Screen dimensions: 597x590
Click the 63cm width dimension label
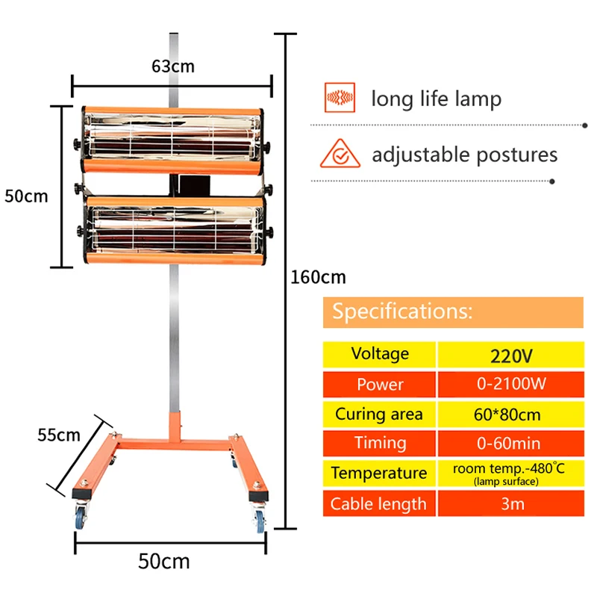pyautogui.click(x=172, y=66)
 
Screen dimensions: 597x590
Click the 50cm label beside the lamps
pyautogui.click(x=26, y=196)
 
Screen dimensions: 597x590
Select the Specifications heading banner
pyautogui.click(x=453, y=312)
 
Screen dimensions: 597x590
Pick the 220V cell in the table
pyautogui.click(x=510, y=354)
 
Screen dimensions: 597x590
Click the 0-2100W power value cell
pyautogui.click(x=510, y=384)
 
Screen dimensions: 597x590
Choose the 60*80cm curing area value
pyautogui.click(x=510, y=414)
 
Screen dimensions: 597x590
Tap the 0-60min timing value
pyautogui.click(x=510, y=444)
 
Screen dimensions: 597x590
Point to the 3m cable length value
pyautogui.click(x=510, y=504)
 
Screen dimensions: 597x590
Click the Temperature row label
pyautogui.click(x=379, y=473)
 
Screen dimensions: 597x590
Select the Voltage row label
pyautogui.click(x=379, y=354)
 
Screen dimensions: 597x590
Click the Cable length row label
pyautogui.click(x=379, y=504)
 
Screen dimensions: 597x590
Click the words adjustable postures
pyautogui.click(x=464, y=155)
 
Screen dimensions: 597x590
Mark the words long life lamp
pyautogui.click(x=437, y=99)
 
